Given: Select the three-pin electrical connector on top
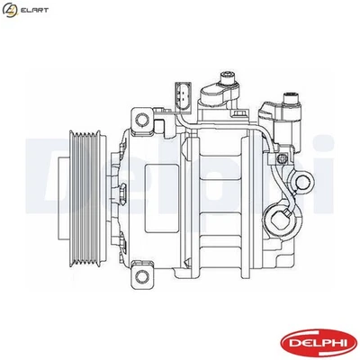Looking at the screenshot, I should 181,95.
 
